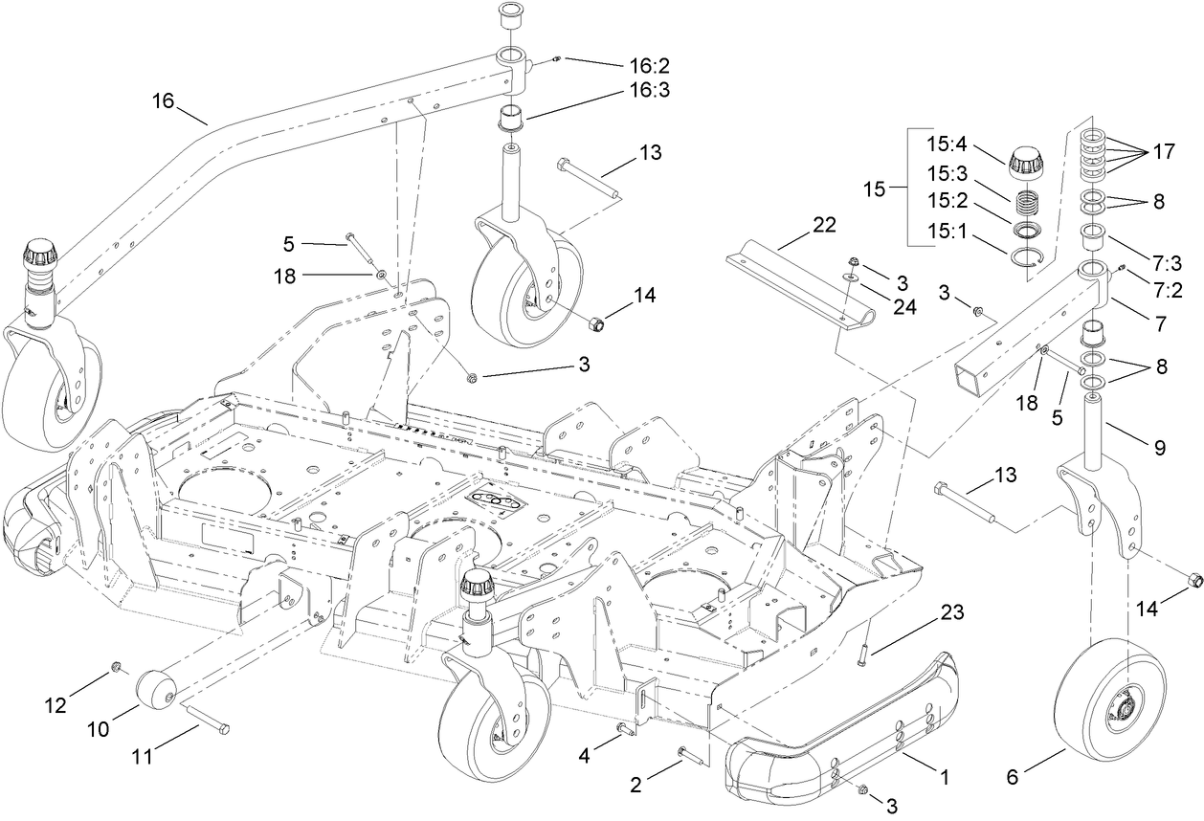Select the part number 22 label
point(823,226)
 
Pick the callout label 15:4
point(947,148)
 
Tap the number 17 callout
point(1163,150)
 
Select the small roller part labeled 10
point(157,691)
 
